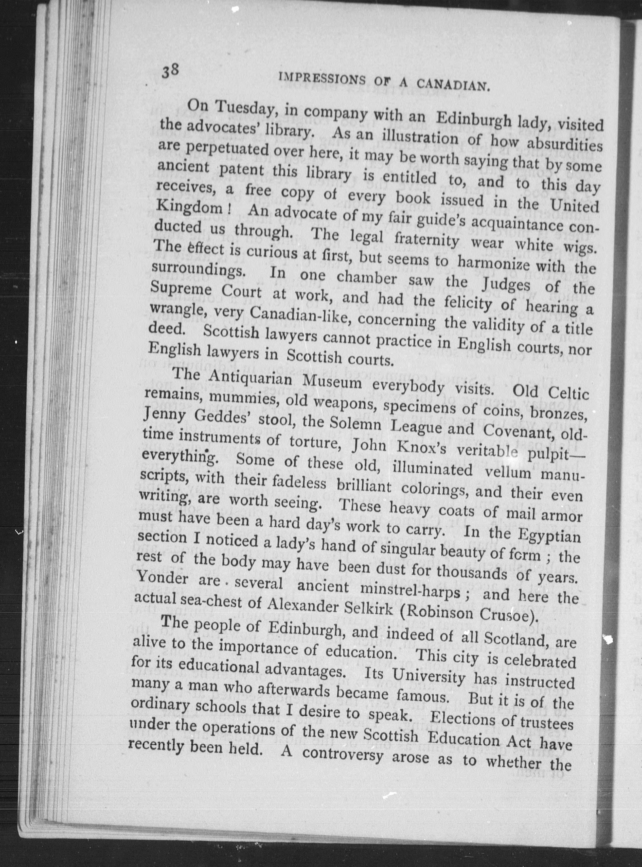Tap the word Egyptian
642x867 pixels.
(x=549, y=535)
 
